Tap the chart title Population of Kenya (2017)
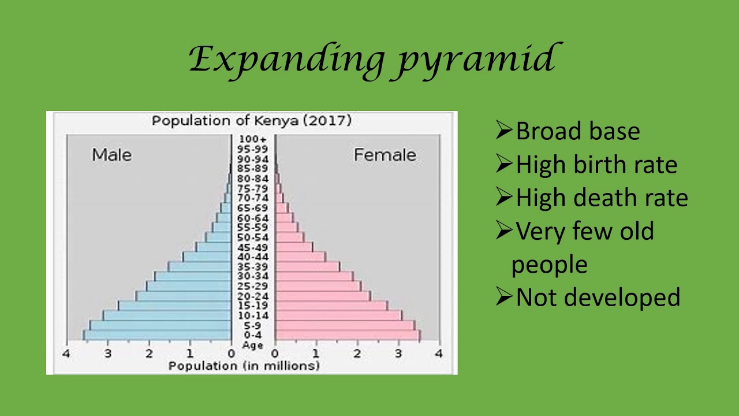(x=251, y=121)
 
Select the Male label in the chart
(x=111, y=155)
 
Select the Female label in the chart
(x=385, y=155)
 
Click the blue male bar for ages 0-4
(x=157, y=335)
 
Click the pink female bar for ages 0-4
(x=347, y=335)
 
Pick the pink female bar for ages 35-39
(x=307, y=266)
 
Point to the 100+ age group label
(x=253, y=139)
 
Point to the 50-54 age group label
(x=253, y=237)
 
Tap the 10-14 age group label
(x=253, y=315)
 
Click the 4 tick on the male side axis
(x=66, y=353)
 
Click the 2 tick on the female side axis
(x=357, y=353)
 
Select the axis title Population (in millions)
(x=243, y=366)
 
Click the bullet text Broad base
(x=577, y=131)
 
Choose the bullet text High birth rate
(x=596, y=165)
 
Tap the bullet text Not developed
(x=598, y=298)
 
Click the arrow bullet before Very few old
(x=504, y=231)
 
